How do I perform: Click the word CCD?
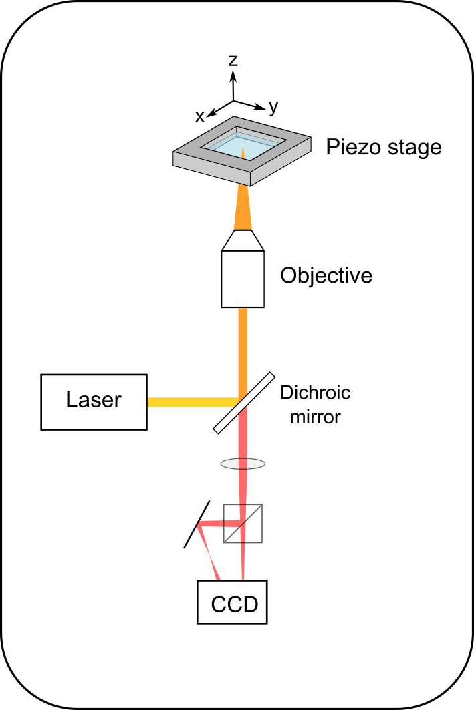pyautogui.click(x=234, y=604)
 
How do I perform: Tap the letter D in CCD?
pyautogui.click(x=250, y=604)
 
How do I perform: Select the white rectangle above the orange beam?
pyautogui.click(x=243, y=279)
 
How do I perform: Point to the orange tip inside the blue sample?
pyautogui.click(x=243, y=152)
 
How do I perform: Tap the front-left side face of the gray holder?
pyautogui.click(x=211, y=168)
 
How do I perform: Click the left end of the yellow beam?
pyautogui.click(x=150, y=402)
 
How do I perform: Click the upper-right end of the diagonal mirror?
pyautogui.click(x=271, y=376)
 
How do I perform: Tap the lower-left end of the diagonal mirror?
pyautogui.click(x=217, y=429)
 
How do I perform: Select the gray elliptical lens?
pyautogui.click(x=243, y=464)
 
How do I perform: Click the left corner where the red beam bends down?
pyautogui.click(x=200, y=525)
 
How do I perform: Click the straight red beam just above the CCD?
pyautogui.click(x=243, y=561)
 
